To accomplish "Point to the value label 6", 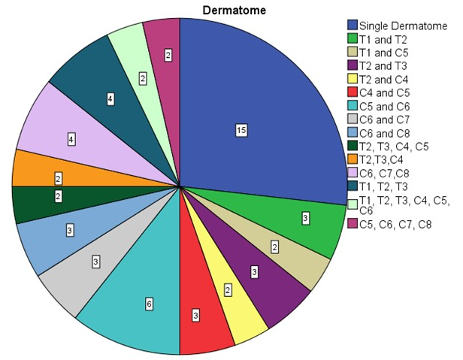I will pyautogui.click(x=149, y=304).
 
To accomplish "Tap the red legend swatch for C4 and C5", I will pyautogui.click(x=350, y=92).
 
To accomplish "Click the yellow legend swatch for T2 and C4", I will pyautogui.click(x=350, y=79).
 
